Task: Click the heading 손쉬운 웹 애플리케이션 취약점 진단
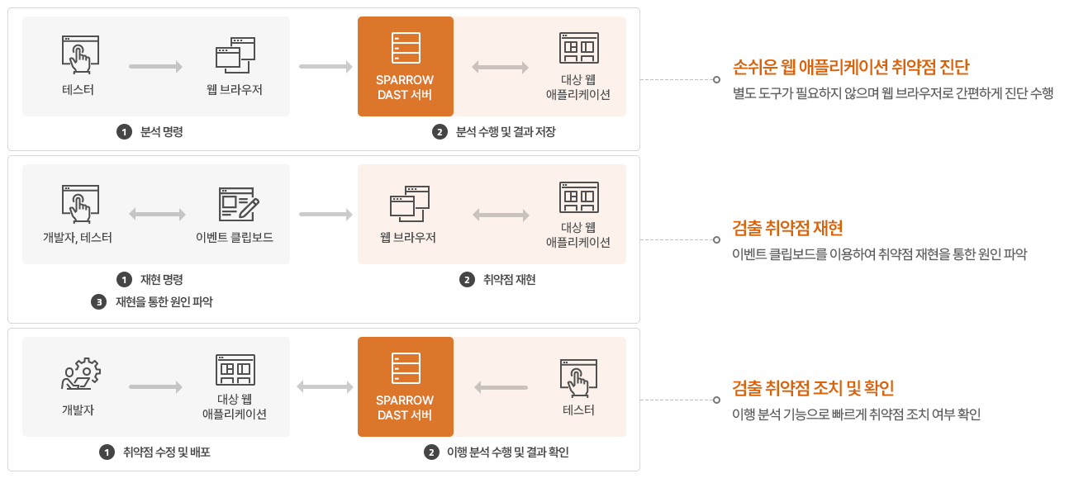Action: tap(850, 68)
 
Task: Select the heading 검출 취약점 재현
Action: tap(787, 228)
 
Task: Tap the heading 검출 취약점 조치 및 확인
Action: tap(813, 388)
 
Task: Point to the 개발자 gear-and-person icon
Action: tap(80, 374)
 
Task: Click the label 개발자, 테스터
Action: tap(78, 238)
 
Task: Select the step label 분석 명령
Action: tap(162, 131)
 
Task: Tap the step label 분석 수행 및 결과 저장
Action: tap(506, 131)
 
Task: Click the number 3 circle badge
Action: tap(99, 302)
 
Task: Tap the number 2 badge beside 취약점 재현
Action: tap(467, 280)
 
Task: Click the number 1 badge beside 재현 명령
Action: tap(125, 280)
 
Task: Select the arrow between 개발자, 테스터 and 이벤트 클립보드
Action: tap(157, 215)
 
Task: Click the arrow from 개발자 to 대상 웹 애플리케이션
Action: tap(155, 386)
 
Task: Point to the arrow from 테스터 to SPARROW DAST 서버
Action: tap(501, 386)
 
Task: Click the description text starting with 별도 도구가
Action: tap(893, 93)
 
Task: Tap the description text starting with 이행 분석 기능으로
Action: tap(856, 414)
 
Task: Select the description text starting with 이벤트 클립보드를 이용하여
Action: tap(879, 253)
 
